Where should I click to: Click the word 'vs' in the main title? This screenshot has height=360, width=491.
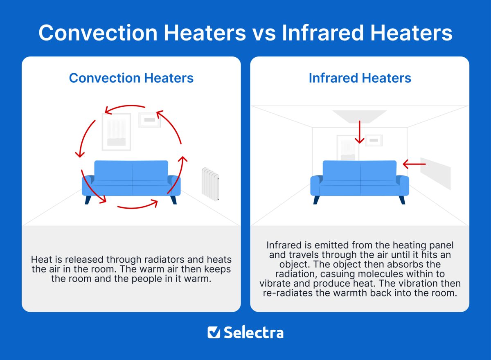tap(264, 33)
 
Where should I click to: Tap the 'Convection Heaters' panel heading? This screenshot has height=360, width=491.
tap(131, 78)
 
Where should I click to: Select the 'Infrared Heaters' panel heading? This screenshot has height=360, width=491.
tap(360, 78)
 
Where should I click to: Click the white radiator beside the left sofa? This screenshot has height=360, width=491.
tap(210, 184)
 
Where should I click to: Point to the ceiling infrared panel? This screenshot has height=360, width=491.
tap(359, 116)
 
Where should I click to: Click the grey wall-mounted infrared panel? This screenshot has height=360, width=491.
tap(435, 173)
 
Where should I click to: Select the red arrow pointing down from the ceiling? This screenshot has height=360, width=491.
tap(359, 132)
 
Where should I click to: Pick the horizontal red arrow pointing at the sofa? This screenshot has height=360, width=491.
tap(414, 164)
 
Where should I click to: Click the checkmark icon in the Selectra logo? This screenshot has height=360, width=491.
tap(214, 332)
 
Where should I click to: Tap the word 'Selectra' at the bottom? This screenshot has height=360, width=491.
tap(253, 332)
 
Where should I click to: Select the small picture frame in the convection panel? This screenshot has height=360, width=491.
tap(149, 120)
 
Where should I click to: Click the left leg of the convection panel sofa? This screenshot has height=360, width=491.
tap(88, 200)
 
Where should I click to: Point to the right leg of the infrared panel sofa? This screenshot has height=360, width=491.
tap(402, 200)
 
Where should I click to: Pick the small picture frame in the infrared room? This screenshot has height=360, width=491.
tap(373, 140)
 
